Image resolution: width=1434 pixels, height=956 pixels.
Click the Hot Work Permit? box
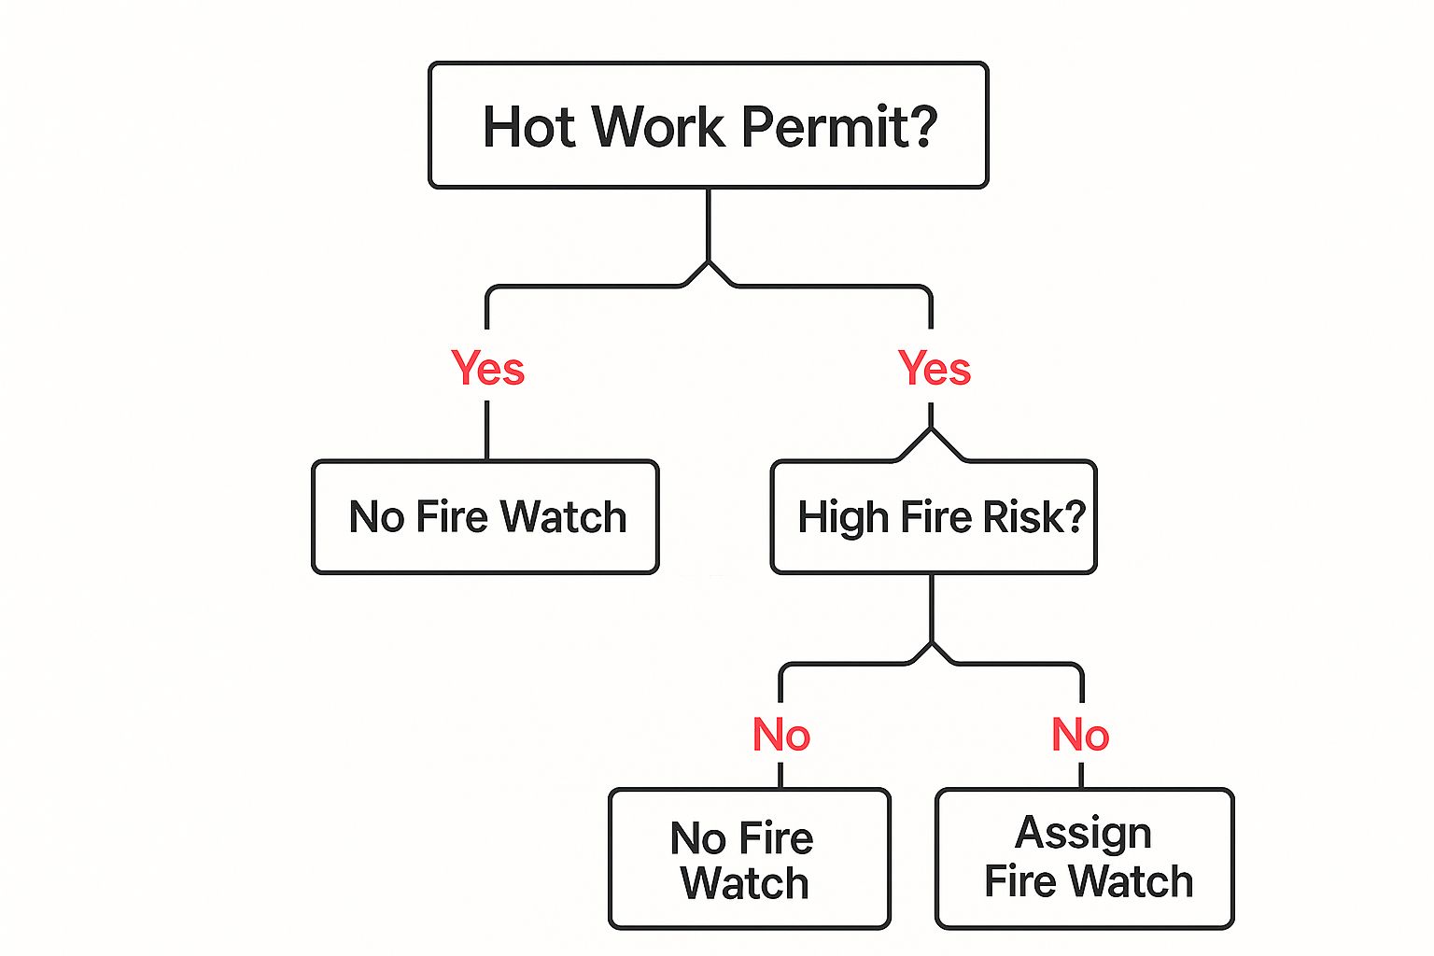point(708,125)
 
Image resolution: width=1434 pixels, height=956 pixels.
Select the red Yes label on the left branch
point(487,368)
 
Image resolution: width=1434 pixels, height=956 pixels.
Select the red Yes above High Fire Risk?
point(934,368)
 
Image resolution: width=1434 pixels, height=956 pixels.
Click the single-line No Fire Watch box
point(485,516)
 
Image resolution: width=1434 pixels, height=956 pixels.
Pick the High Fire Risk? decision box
point(934,516)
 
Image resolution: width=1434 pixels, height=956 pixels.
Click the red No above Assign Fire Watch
point(1080,735)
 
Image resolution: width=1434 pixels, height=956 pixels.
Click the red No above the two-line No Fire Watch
point(780,735)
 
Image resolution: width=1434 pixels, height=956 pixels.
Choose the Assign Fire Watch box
point(1085,859)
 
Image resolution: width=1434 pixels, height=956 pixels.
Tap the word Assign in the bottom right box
point(1083,834)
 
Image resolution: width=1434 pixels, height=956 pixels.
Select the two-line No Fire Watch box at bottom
point(749,859)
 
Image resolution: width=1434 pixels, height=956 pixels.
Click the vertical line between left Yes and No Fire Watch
point(487,429)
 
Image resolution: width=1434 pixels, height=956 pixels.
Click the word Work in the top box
point(658,126)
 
